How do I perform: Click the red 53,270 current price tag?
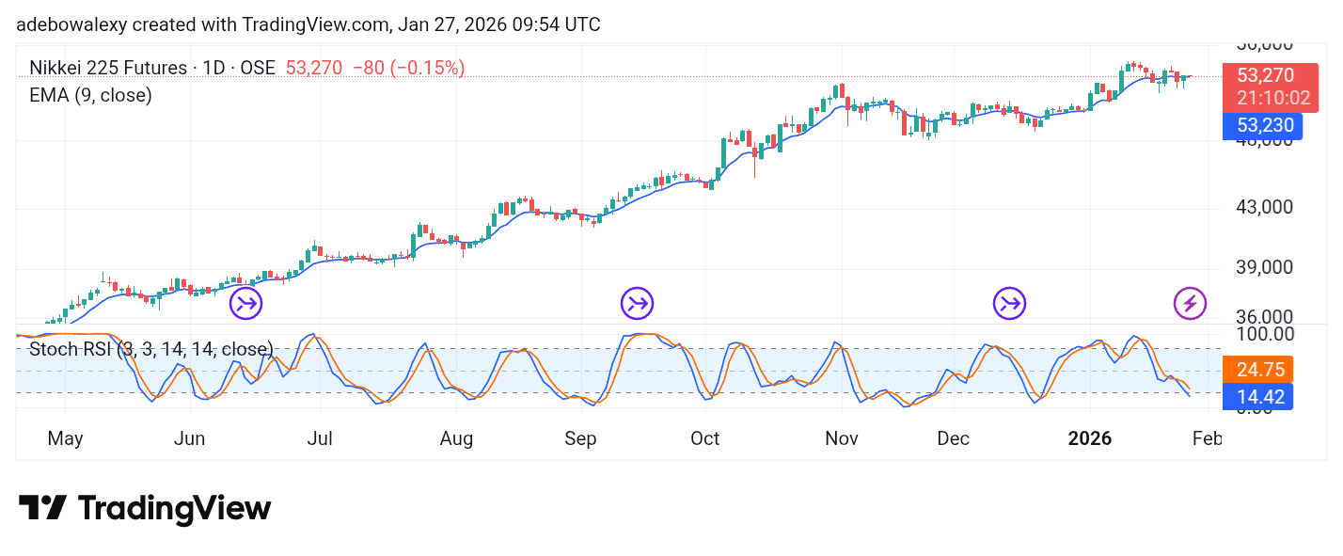tap(1265, 76)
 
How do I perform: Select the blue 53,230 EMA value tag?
tap(1262, 126)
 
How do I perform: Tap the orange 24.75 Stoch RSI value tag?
tap(1259, 369)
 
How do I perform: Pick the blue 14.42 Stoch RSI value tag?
tap(1257, 397)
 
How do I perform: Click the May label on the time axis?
tap(65, 438)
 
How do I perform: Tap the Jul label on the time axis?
tap(320, 438)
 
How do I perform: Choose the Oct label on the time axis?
tap(704, 438)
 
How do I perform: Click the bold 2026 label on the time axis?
tap(1089, 438)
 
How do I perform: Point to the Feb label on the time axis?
tap(1207, 438)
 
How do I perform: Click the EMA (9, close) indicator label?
tap(90, 95)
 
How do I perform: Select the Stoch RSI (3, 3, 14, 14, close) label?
tap(151, 350)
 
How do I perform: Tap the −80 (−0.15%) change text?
tap(408, 68)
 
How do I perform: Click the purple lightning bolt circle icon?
tap(1190, 303)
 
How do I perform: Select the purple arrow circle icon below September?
tap(637, 303)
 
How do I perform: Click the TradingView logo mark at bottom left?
tap(42, 508)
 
